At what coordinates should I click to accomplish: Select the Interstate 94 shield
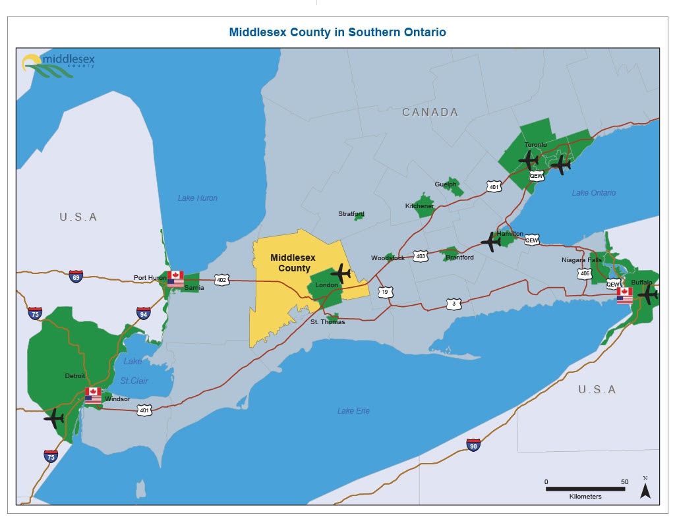click(144, 313)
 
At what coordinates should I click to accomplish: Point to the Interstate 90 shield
click(473, 445)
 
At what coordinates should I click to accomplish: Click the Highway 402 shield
click(221, 281)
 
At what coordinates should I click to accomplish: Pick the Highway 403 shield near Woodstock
click(421, 256)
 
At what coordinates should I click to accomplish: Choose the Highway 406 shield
click(585, 273)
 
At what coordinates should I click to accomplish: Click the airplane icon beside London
click(340, 272)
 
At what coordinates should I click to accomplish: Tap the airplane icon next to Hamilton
click(491, 242)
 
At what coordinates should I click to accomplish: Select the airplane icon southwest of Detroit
click(54, 418)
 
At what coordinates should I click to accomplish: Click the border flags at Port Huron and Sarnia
click(175, 279)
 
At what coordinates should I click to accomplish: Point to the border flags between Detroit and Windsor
click(93, 395)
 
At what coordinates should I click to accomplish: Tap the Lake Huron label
click(197, 198)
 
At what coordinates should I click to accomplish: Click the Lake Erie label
click(353, 411)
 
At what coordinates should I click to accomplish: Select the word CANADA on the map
click(430, 113)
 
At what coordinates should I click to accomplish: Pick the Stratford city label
click(351, 214)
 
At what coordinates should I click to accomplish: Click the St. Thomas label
click(328, 322)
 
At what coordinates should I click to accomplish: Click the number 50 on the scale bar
click(624, 481)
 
